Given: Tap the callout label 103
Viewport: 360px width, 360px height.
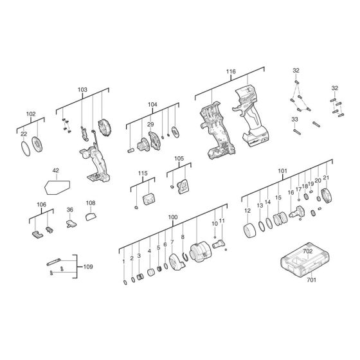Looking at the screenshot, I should pos(82,91).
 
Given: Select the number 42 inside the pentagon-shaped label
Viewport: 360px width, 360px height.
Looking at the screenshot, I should pos(55,170).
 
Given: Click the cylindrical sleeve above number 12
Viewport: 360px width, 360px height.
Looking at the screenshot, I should pos(248,231).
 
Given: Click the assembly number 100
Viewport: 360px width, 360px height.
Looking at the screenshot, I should pos(172,217).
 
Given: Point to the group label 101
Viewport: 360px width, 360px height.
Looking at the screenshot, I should pos(282,171).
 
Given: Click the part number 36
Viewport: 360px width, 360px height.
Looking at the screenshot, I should pos(70,210).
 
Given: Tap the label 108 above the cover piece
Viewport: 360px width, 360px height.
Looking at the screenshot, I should pos(91,203).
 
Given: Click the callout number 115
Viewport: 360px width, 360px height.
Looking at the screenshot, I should pos(143,173).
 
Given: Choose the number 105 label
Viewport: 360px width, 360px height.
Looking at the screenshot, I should pos(179,157).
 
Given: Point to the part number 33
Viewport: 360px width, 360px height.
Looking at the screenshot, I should pos(294,119).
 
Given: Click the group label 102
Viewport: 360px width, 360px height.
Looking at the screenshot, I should pos(31,114).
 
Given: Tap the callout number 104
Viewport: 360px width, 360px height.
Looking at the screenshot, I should pos(152,104).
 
